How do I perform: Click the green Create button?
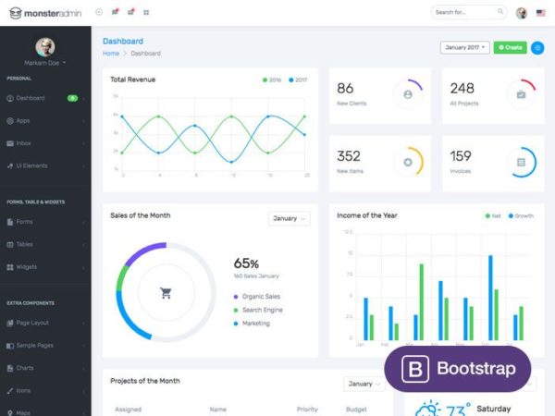click(510, 47)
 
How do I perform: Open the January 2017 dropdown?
click(464, 47)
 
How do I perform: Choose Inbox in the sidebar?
click(24, 143)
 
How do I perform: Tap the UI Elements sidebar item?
click(31, 165)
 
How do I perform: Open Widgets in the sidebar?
click(26, 267)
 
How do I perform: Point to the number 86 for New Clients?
click(345, 89)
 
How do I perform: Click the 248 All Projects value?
click(462, 89)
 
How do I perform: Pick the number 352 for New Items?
click(349, 156)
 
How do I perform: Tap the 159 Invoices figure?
click(461, 156)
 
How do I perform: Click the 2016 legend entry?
click(273, 80)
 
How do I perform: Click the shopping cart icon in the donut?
click(166, 294)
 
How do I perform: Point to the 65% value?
click(246, 263)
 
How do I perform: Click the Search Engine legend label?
click(262, 310)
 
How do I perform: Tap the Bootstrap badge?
click(457, 369)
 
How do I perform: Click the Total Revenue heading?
click(132, 80)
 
